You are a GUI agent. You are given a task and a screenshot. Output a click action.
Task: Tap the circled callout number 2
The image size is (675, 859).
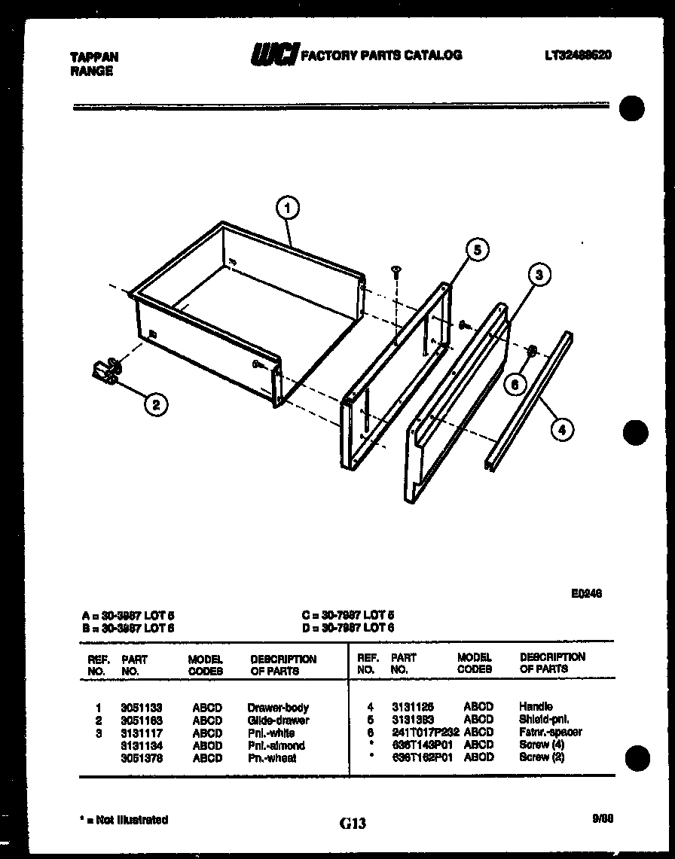point(156,405)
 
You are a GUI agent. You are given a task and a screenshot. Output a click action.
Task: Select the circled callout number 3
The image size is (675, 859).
point(538,276)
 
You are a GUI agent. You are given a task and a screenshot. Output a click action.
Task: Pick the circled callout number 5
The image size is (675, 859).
point(476,249)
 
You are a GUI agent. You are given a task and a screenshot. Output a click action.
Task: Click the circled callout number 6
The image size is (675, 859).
point(515,383)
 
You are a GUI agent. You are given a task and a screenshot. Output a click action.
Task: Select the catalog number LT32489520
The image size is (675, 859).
point(577,55)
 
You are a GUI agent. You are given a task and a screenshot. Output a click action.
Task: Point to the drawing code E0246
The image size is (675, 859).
point(586,593)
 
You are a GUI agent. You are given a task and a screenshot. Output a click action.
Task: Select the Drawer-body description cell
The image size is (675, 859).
point(278,708)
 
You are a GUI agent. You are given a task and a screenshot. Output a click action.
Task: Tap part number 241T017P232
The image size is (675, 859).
point(425,732)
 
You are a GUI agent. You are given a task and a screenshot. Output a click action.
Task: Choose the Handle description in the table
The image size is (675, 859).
point(536,706)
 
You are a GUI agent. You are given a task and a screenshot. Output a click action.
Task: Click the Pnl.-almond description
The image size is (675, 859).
point(276,745)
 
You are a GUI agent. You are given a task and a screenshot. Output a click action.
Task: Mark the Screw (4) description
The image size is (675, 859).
point(542,745)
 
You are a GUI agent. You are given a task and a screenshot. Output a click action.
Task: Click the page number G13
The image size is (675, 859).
point(352,824)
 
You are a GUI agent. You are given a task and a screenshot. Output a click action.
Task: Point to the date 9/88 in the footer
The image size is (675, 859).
point(603,819)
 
